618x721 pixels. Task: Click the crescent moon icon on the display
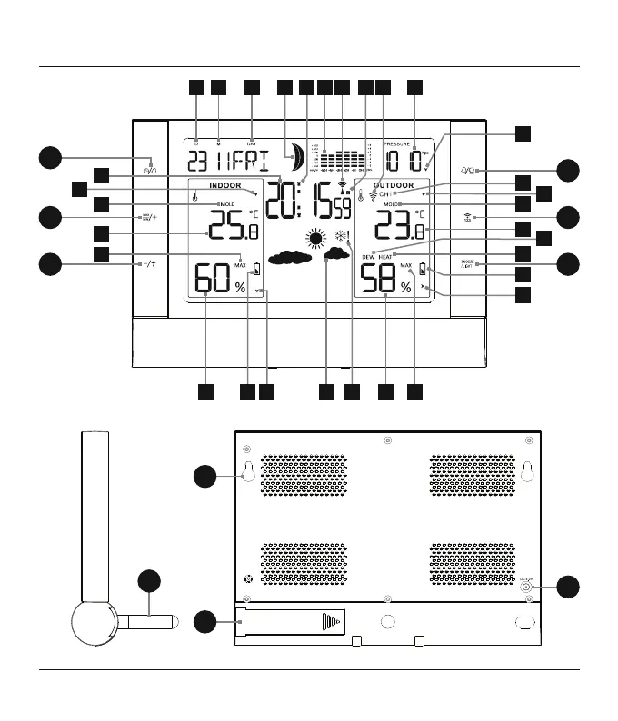294,157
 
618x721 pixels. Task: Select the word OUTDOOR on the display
394,184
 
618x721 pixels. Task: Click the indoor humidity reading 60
214,280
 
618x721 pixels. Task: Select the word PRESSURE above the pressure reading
397,143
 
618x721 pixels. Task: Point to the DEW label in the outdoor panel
368,257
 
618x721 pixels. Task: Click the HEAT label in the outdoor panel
385,257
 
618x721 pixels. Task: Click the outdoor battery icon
423,269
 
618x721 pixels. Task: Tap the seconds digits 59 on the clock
341,210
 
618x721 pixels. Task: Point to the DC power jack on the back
528,587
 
